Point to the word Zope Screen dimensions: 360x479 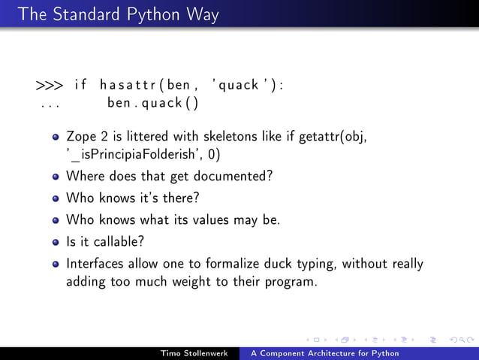82,138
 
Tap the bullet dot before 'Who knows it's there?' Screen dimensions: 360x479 56,200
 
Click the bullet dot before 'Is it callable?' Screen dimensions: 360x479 56,243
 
